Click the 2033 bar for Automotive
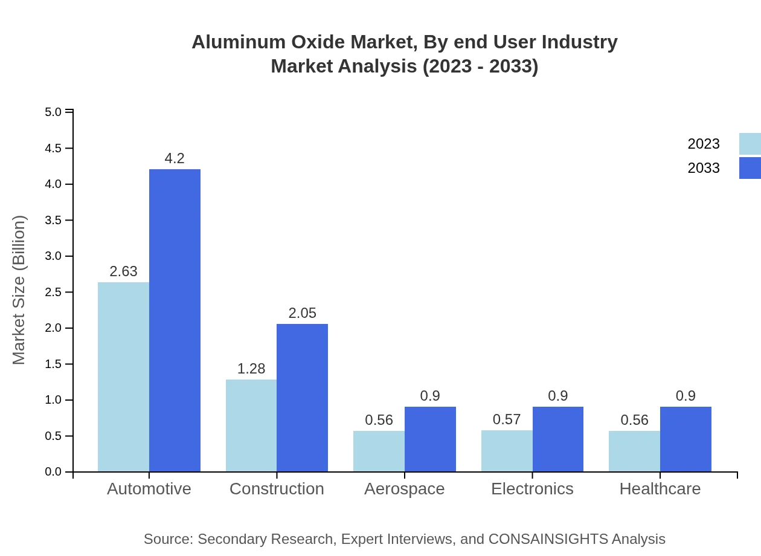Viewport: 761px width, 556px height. click(x=175, y=320)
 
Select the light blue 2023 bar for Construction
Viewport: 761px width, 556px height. click(x=251, y=425)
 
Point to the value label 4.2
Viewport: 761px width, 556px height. click(x=175, y=159)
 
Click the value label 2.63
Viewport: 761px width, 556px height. click(x=124, y=272)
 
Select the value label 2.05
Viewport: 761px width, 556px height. click(x=302, y=314)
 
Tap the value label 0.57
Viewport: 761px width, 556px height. click(x=506, y=419)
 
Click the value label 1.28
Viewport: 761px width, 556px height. click(x=251, y=369)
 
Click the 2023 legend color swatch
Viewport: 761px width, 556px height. click(x=750, y=144)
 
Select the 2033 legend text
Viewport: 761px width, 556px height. click(x=704, y=168)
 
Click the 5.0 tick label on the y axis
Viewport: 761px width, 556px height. click(x=53, y=112)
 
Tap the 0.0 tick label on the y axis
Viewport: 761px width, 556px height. click(x=53, y=472)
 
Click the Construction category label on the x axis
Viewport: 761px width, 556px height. click(x=277, y=489)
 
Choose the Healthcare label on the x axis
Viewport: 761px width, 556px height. click(x=660, y=489)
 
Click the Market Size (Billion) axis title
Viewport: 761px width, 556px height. click(x=19, y=290)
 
